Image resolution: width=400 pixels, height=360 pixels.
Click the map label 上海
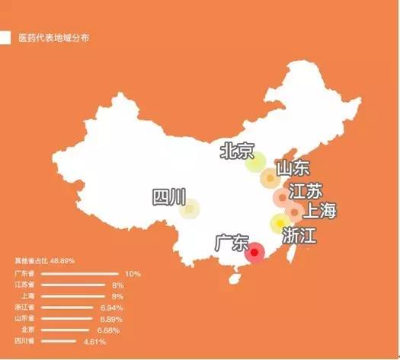pyautogui.click(x=320, y=211)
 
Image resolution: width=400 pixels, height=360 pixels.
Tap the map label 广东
pyautogui.click(x=232, y=244)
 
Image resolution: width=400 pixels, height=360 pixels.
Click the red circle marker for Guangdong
pyautogui.click(x=255, y=252)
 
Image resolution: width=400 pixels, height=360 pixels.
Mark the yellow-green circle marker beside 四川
pyautogui.click(x=190, y=209)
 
